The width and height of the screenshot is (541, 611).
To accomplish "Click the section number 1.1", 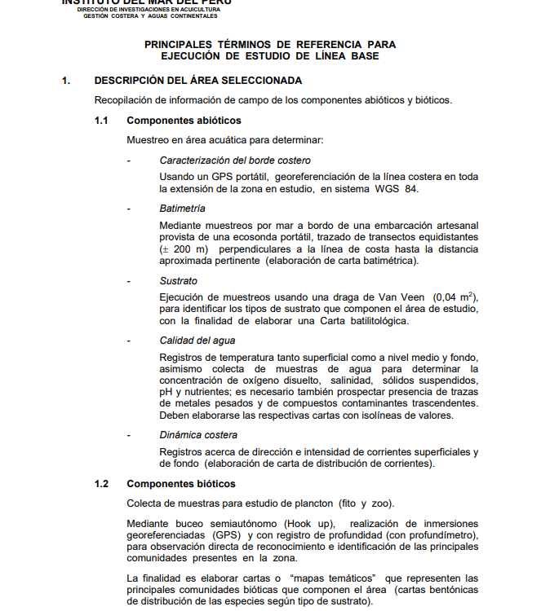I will click(x=101, y=121).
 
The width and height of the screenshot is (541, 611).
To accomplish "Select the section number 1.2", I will click(x=101, y=484).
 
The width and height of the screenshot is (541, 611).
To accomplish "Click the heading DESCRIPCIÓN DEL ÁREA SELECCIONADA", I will click(x=198, y=81).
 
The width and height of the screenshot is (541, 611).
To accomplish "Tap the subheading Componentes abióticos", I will click(x=172, y=121).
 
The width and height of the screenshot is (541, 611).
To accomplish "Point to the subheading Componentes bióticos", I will click(x=169, y=484).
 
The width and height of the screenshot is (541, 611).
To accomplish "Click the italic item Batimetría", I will click(x=183, y=209).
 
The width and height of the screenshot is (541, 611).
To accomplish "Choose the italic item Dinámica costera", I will click(x=198, y=435).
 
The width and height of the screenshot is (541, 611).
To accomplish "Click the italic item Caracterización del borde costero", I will click(x=235, y=160).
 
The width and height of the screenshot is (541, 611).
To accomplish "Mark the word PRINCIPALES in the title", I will click(x=182, y=44).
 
